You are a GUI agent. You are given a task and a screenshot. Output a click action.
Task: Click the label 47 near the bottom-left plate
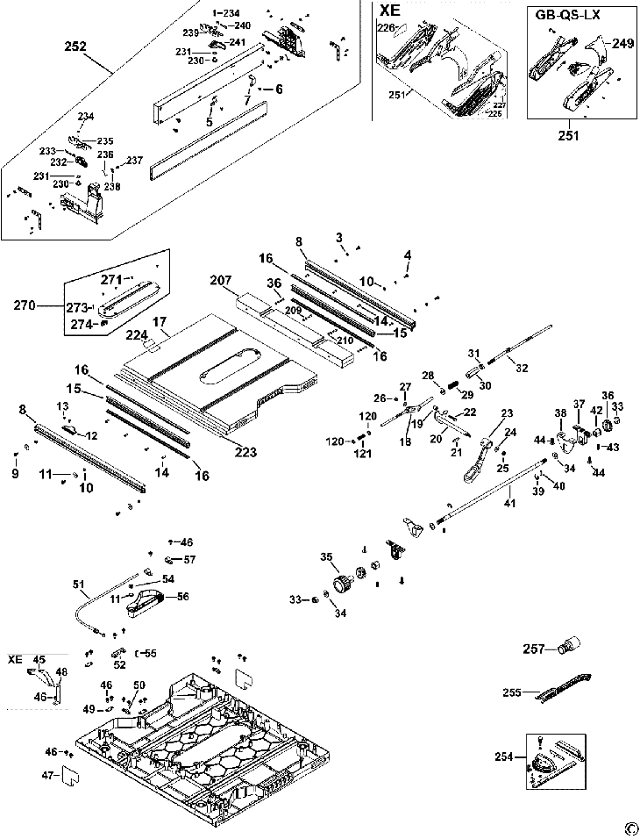[49, 775]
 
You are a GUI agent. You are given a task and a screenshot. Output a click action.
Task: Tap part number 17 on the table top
[160, 321]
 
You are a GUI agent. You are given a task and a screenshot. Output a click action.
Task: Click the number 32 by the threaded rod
[524, 369]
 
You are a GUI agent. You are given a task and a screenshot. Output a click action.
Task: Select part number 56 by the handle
[183, 596]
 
